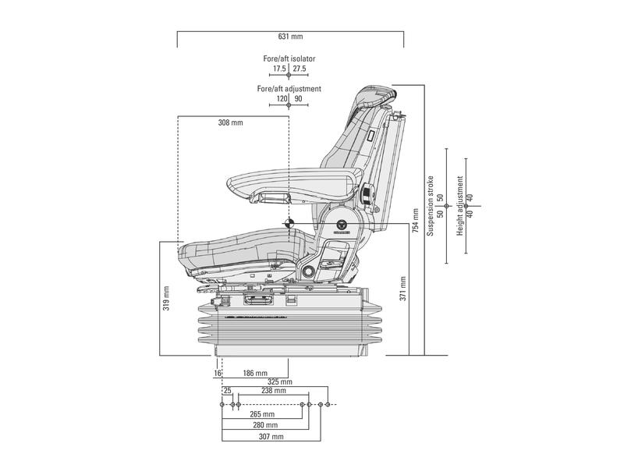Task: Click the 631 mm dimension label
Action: (x=290, y=37)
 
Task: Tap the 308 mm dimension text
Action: (x=230, y=122)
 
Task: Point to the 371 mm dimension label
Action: (x=403, y=288)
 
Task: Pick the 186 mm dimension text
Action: (x=255, y=374)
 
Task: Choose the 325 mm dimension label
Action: (x=280, y=382)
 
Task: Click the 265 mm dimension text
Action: (x=262, y=414)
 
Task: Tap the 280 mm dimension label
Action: (x=265, y=425)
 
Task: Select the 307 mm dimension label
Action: (x=271, y=437)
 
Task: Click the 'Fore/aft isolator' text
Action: (x=289, y=58)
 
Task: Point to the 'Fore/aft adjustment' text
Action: (x=289, y=89)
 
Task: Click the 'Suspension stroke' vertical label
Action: (x=430, y=205)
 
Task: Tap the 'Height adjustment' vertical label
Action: (x=460, y=206)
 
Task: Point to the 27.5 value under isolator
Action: (x=300, y=69)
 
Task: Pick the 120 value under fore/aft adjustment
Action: (x=282, y=99)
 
